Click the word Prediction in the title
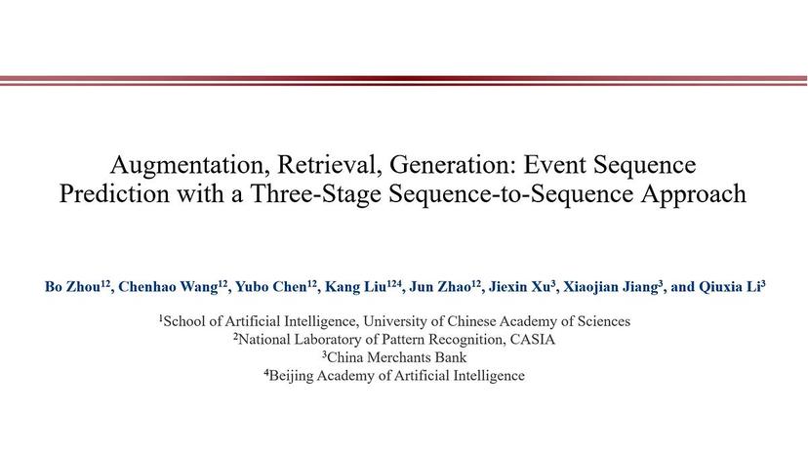[113, 193]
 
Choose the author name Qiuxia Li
[729, 287]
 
